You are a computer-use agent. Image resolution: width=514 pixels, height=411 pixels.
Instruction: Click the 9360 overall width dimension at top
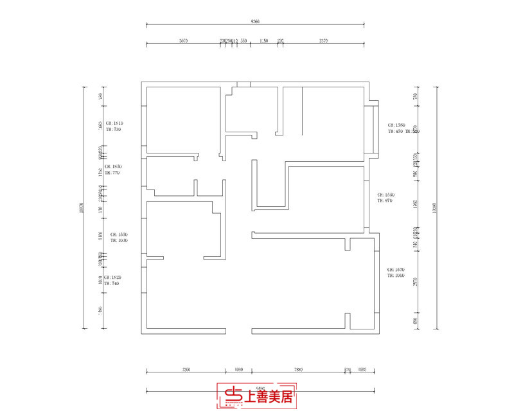(x=256, y=21)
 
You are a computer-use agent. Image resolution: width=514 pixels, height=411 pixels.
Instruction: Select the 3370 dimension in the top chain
(x=323, y=40)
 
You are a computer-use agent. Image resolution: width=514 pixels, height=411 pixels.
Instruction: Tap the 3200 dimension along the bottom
(x=186, y=369)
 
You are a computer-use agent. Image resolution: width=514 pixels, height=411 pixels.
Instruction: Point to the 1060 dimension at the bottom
(x=238, y=369)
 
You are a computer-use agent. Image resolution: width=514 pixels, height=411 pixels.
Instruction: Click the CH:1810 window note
(x=114, y=123)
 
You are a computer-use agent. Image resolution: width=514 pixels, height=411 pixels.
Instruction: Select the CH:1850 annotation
(x=114, y=166)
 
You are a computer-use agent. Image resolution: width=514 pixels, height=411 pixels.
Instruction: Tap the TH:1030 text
(x=119, y=240)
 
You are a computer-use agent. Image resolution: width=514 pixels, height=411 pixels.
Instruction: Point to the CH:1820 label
(x=114, y=277)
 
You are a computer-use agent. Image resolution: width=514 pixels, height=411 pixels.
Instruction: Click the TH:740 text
(x=112, y=283)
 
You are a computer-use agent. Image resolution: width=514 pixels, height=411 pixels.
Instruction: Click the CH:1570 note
(x=395, y=269)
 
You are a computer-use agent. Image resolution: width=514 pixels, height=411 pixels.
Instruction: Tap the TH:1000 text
(x=395, y=275)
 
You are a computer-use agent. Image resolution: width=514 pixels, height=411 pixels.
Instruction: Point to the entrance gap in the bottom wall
(x=238, y=331)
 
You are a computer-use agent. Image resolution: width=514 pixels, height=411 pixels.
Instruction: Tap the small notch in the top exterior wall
(x=243, y=84)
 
